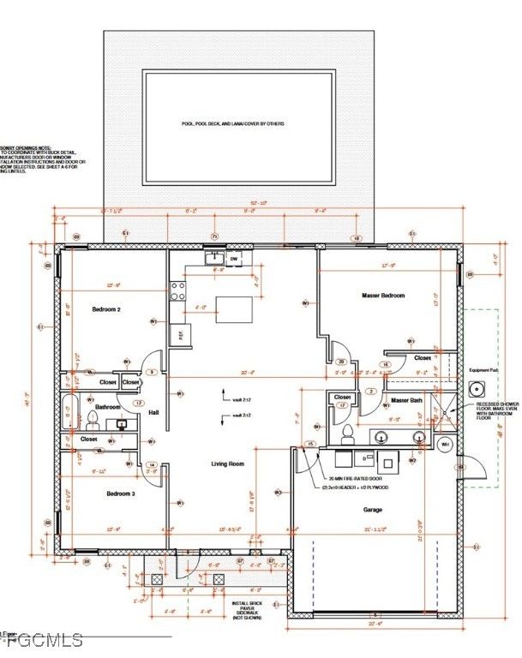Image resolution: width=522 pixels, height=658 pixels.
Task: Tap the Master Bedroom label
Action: [x=382, y=296]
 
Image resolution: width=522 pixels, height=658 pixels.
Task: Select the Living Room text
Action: [x=230, y=464]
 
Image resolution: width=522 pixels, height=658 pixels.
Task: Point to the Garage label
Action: [x=372, y=509]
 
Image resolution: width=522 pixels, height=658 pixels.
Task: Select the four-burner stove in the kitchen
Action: [x=178, y=291]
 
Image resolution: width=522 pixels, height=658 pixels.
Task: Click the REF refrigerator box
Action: [x=181, y=334]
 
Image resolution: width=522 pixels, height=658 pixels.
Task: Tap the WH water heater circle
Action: [x=445, y=445]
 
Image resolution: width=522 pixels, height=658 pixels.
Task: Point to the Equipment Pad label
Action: [x=484, y=370]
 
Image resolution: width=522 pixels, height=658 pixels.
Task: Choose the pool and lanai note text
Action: [x=232, y=124]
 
